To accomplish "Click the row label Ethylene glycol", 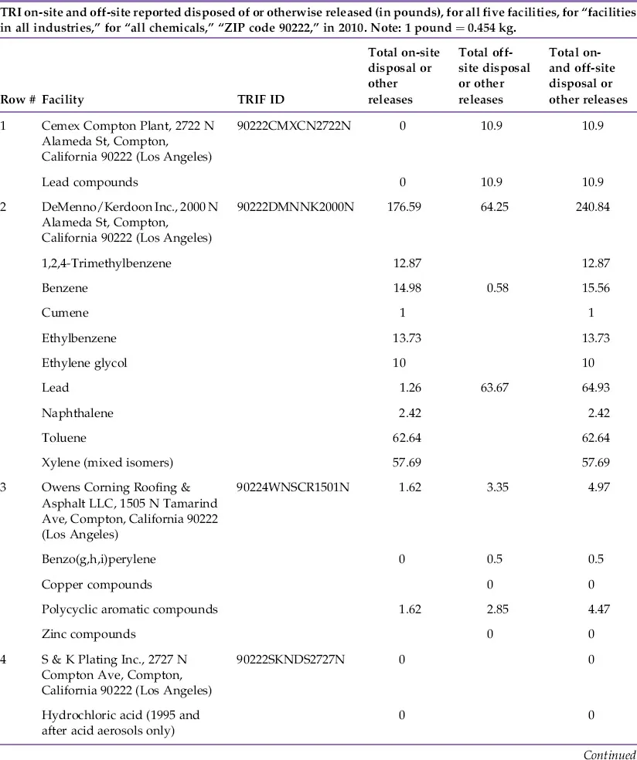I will tap(84, 363).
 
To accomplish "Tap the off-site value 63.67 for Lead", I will tap(492, 388).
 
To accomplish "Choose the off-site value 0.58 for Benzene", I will tap(492, 288).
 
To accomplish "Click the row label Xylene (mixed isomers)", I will tap(107, 463).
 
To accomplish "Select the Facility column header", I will tap(63, 100).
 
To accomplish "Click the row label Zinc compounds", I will tap(89, 634).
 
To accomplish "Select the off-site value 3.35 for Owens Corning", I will tap(492, 488).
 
